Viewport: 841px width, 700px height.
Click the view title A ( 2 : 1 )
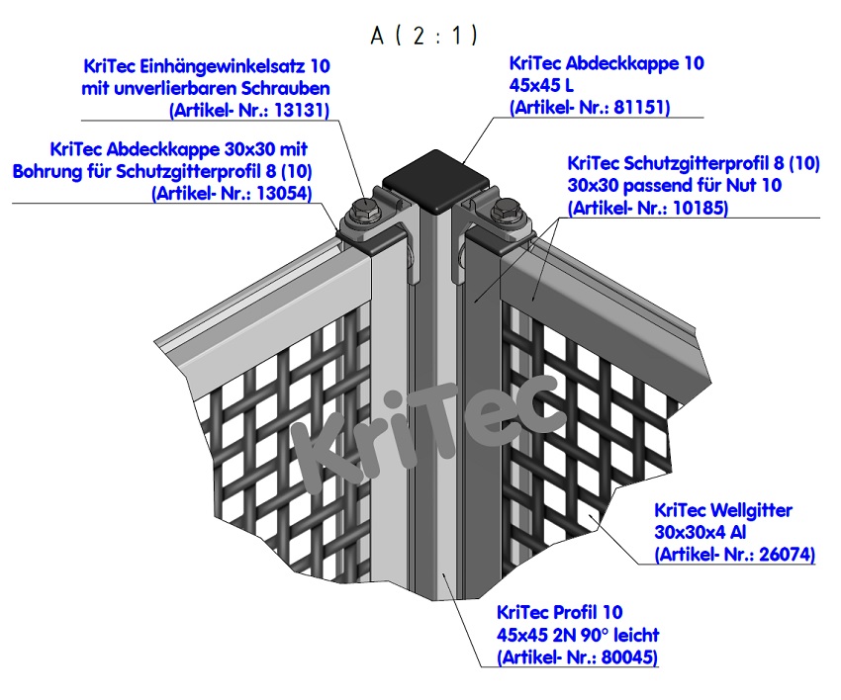coord(423,36)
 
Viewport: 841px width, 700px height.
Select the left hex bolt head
coord(364,210)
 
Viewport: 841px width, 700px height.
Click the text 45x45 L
coord(540,86)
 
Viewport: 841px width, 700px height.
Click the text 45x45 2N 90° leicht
coord(579,635)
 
